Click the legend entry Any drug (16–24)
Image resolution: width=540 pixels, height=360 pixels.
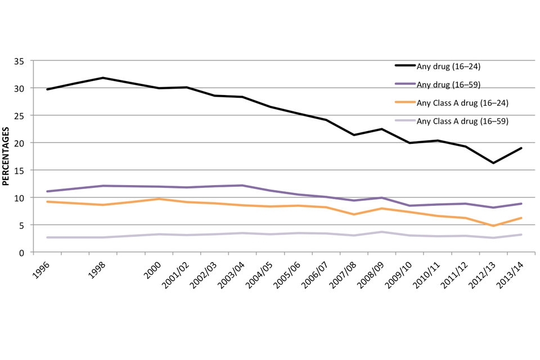tap(448, 66)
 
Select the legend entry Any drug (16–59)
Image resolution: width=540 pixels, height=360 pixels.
tap(448, 84)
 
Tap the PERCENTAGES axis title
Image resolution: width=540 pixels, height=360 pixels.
tap(6, 157)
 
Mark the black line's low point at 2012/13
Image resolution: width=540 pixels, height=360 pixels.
tap(493, 163)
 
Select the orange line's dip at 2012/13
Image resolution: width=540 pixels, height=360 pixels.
tap(493, 226)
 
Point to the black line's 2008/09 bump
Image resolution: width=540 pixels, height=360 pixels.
tap(382, 129)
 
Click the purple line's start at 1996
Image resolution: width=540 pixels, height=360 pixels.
tap(48, 191)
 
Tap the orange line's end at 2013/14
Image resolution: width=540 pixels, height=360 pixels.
tap(521, 218)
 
